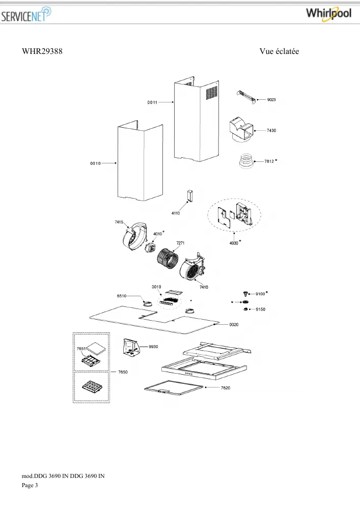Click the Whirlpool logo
pyautogui.click(x=328, y=14)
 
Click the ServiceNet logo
pyautogui.click(x=26, y=15)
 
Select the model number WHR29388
pyautogui.click(x=42, y=51)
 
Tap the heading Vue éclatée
pyautogui.click(x=279, y=51)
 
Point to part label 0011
pyautogui.click(x=152, y=103)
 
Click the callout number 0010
pyautogui.click(x=95, y=163)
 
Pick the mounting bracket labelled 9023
pyautogui.click(x=246, y=97)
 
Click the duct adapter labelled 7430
pyautogui.click(x=241, y=130)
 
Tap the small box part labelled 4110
pyautogui.click(x=189, y=196)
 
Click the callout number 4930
pyautogui.click(x=234, y=243)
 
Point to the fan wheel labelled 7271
pyautogui.click(x=168, y=258)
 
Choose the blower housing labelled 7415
pyautogui.click(x=134, y=236)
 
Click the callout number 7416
pyautogui.click(x=204, y=287)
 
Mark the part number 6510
pyautogui.click(x=122, y=296)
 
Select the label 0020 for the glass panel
pyautogui.click(x=234, y=325)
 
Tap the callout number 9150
pyautogui.click(x=260, y=309)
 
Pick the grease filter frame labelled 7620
pyautogui.click(x=174, y=388)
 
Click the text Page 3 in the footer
pyautogui.click(x=30, y=485)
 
